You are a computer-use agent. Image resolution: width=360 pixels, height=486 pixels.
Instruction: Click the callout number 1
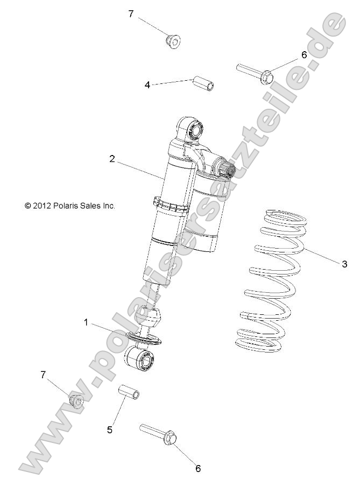tap(85, 322)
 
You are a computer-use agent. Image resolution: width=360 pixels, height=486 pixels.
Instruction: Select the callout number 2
tap(112, 158)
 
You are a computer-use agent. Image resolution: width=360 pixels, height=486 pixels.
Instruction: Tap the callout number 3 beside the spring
tap(344, 263)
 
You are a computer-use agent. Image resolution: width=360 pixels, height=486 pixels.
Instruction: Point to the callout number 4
tap(147, 84)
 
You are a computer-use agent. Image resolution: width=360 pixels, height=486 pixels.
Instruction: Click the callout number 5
tap(110, 429)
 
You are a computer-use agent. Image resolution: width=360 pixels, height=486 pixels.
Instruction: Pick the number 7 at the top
tap(131, 14)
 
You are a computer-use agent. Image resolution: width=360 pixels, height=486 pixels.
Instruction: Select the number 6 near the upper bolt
tap(303, 55)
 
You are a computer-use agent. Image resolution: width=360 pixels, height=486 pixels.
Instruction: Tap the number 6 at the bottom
tap(197, 468)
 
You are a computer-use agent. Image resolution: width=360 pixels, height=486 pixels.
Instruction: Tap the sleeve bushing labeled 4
tap(202, 84)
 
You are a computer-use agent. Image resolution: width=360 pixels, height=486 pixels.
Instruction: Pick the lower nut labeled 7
tap(77, 401)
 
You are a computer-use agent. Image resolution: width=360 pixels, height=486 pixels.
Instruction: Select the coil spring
tap(272, 280)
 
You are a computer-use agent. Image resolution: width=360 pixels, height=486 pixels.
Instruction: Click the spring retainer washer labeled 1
tap(144, 338)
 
